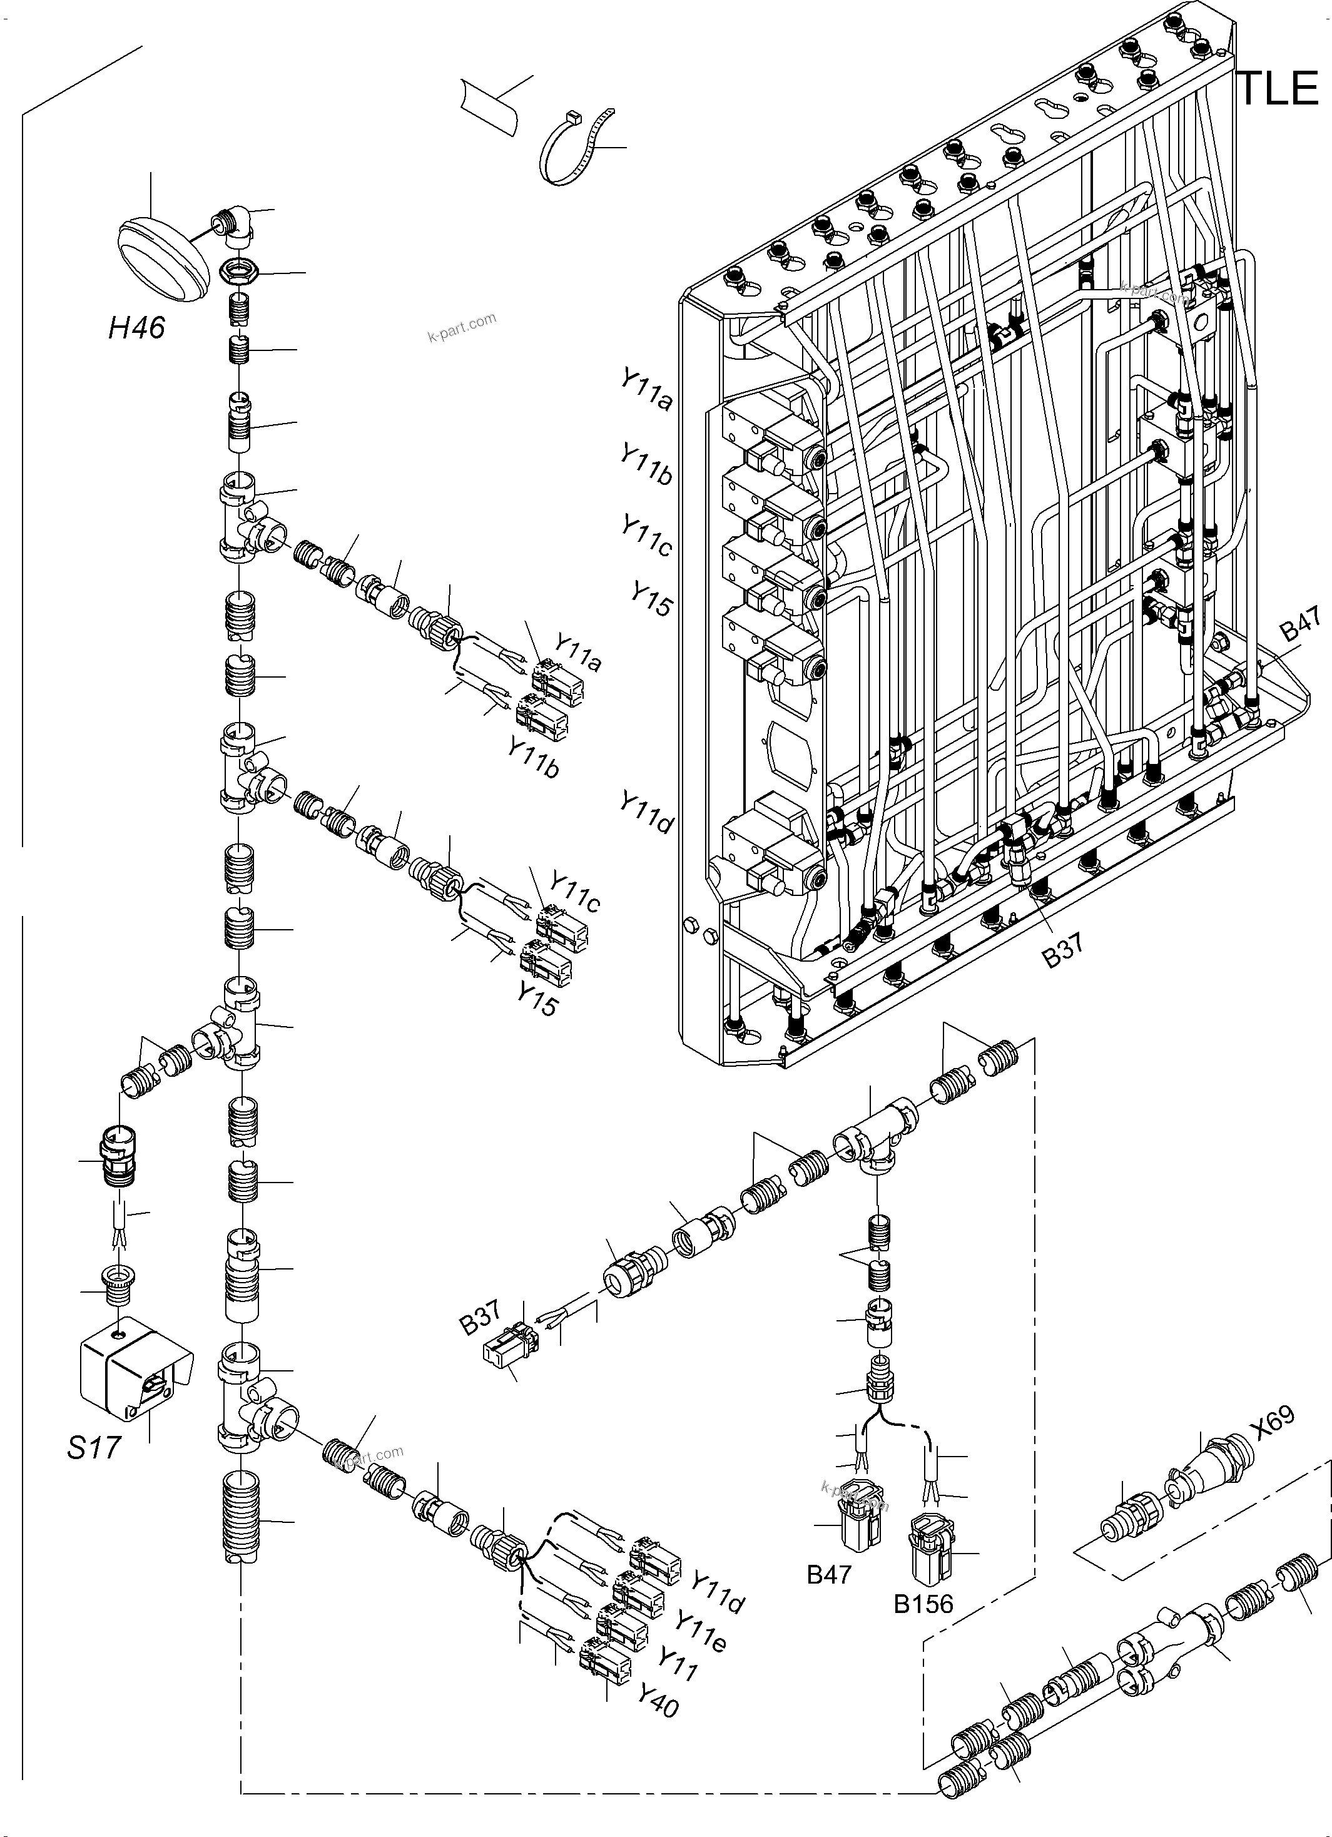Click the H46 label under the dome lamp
coord(137,328)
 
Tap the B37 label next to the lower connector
coord(480,1318)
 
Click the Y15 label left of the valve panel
coord(652,599)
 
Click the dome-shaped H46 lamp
coord(160,258)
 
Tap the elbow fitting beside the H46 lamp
coord(236,229)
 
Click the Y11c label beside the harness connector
coord(575,891)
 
